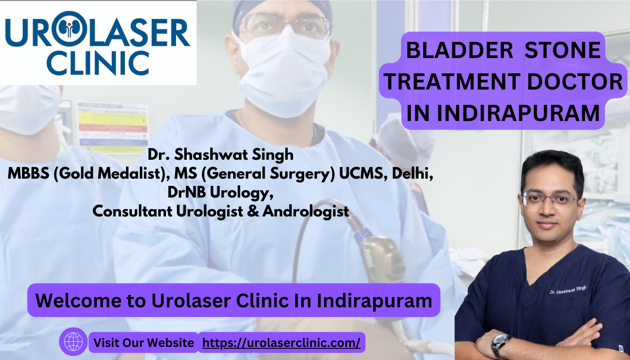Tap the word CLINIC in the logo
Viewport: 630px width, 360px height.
pyautogui.click(x=98, y=63)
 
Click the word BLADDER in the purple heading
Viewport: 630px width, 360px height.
pyautogui.click(x=459, y=50)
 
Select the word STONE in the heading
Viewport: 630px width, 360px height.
pyautogui.click(x=562, y=50)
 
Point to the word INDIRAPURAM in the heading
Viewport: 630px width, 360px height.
pyautogui.click(x=518, y=113)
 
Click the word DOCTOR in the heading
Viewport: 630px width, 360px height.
pyautogui.click(x=575, y=82)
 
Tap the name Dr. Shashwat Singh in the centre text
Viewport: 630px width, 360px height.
pyautogui.click(x=220, y=155)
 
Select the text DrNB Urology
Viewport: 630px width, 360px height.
pyautogui.click(x=220, y=193)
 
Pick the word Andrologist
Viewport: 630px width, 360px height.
pyautogui.click(x=306, y=211)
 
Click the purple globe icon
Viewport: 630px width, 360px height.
pyautogui.click(x=73, y=342)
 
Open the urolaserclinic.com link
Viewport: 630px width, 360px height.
pyautogui.click(x=281, y=343)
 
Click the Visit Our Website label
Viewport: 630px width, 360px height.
pyautogui.click(x=144, y=343)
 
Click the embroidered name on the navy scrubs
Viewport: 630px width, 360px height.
pyautogui.click(x=568, y=290)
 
